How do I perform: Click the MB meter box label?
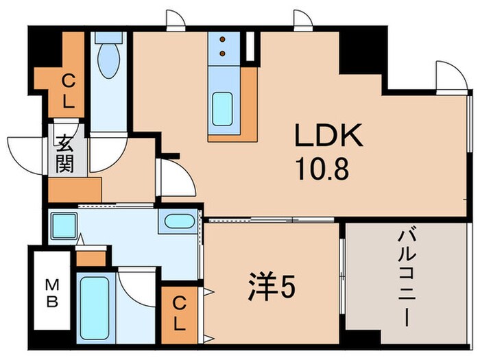point(51,293)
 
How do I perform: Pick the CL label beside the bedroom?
point(178,312)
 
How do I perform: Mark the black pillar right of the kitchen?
point(359,52)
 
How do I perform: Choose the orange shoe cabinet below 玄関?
point(75,187)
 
